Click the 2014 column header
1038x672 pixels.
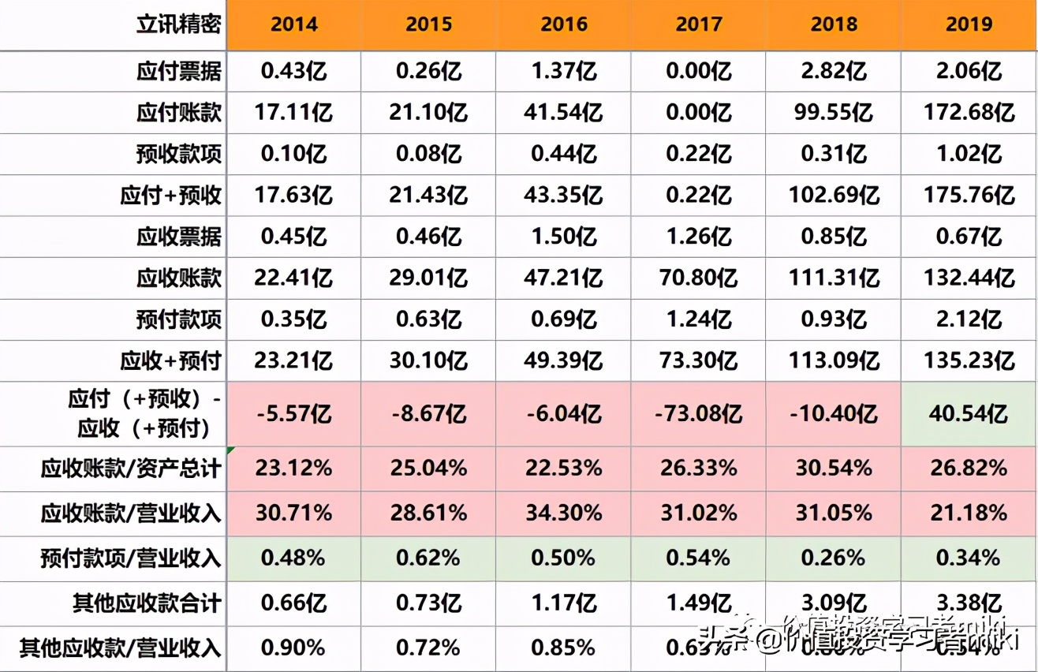pyautogui.click(x=293, y=24)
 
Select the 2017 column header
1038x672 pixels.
pyautogui.click(x=699, y=24)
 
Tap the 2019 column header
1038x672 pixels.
pyautogui.click(x=969, y=24)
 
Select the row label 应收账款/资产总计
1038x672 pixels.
pyautogui.click(x=131, y=469)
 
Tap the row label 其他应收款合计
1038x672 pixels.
pyautogui.click(x=147, y=604)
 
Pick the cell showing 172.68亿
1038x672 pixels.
pyautogui.click(x=969, y=113)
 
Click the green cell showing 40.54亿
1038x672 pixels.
pyautogui.click(x=969, y=413)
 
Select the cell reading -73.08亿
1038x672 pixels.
pyautogui.click(x=699, y=413)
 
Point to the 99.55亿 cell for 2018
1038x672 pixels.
pyautogui.click(x=834, y=113)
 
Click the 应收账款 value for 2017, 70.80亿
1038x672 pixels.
pyautogui.click(x=699, y=278)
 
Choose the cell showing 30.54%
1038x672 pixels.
pyautogui.click(x=834, y=469)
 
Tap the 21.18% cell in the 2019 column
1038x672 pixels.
pyautogui.click(x=969, y=513)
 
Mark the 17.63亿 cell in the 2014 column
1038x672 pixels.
pyautogui.click(x=293, y=195)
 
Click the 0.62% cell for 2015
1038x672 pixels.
pyautogui.click(x=428, y=558)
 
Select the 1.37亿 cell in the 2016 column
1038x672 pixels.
pyautogui.click(x=563, y=73)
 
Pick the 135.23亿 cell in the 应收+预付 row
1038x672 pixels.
pyautogui.click(x=969, y=360)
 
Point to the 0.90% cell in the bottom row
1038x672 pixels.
pyautogui.click(x=293, y=648)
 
